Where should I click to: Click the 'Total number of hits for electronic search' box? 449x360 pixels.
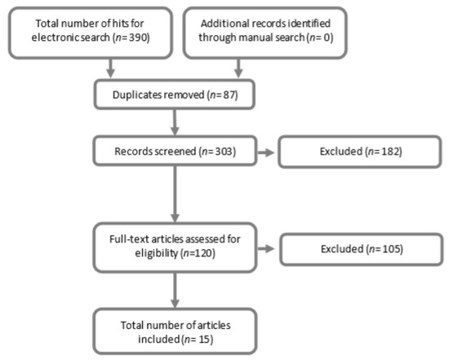click(x=92, y=30)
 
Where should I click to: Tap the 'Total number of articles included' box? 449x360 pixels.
click(x=175, y=331)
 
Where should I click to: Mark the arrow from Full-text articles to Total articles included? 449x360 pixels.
click(x=175, y=291)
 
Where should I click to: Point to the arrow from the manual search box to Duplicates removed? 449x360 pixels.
click(x=238, y=69)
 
